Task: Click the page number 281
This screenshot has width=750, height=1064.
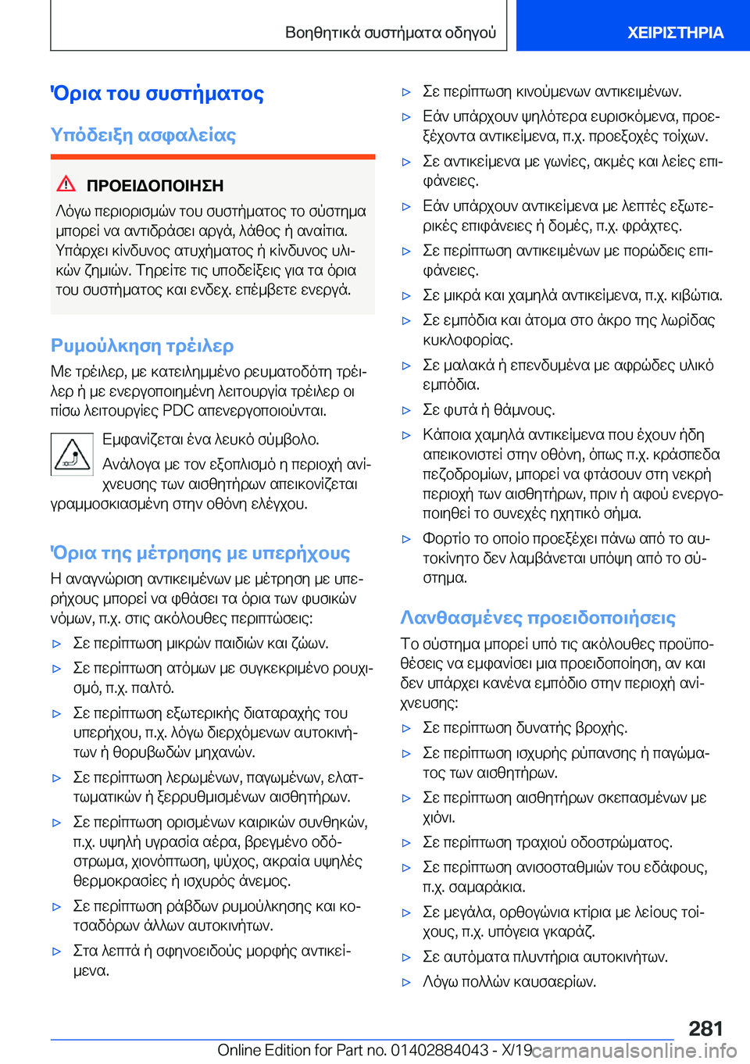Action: point(705,1028)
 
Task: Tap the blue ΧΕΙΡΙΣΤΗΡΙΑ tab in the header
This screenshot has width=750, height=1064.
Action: point(675,33)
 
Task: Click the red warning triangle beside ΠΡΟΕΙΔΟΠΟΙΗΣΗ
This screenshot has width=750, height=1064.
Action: point(66,184)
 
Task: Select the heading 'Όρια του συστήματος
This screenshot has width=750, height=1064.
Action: point(157,94)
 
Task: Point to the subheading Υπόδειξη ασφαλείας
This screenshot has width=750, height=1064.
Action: point(143,135)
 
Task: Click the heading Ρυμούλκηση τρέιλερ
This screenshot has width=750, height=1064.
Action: point(142,345)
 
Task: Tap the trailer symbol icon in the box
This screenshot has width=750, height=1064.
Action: point(72,454)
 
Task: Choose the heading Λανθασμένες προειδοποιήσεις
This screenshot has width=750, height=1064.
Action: point(537,618)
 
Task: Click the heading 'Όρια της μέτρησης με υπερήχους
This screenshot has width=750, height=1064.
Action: point(200,553)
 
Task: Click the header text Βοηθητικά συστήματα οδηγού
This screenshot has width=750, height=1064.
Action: point(391,33)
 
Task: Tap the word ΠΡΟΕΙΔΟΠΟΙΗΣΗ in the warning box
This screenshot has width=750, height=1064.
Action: point(155,186)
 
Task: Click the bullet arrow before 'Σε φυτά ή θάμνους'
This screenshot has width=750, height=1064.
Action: point(406,410)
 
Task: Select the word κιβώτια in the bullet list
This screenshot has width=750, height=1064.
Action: point(695,295)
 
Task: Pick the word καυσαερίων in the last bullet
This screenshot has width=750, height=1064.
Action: point(558,981)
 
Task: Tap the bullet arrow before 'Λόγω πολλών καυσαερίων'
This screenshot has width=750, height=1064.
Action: point(406,982)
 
